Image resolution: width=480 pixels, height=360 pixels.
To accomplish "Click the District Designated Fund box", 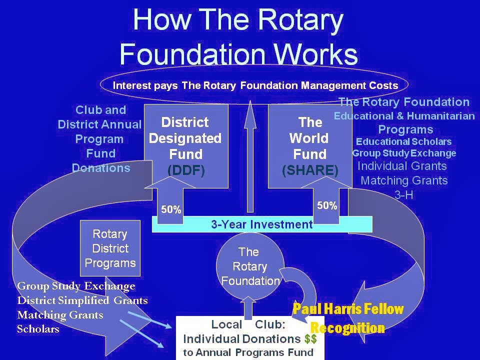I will (x=185, y=145).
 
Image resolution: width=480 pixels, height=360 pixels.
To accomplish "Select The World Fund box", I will (x=310, y=145).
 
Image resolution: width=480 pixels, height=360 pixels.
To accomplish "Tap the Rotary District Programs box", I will (x=110, y=248).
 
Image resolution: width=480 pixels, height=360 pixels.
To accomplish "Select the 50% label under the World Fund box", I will (x=327, y=205).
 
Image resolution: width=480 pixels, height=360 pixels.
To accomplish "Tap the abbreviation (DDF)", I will (x=186, y=170).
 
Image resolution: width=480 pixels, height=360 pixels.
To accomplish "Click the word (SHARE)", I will (x=310, y=170).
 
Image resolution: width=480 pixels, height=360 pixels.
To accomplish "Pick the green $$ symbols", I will (x=310, y=338).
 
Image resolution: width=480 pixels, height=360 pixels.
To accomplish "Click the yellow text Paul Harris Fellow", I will (x=348, y=309).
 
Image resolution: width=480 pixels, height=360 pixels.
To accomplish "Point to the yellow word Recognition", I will (x=347, y=328).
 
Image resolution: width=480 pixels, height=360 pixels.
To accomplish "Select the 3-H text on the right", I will (x=404, y=195).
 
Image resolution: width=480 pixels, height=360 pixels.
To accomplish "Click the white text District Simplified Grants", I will (x=82, y=300).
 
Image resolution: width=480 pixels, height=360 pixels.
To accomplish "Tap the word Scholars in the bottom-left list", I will (x=38, y=329).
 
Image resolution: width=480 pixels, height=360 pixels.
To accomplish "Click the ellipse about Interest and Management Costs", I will (x=255, y=85).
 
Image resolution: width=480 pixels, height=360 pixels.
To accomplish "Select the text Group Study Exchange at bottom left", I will (x=76, y=286).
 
